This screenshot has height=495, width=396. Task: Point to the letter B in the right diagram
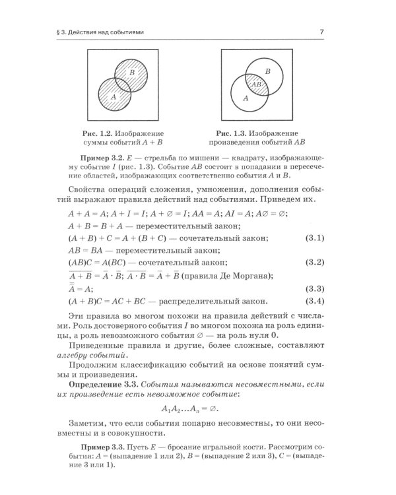[267, 71]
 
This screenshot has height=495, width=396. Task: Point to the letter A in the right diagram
[246, 98]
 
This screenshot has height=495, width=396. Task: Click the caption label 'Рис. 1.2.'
[94, 132]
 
